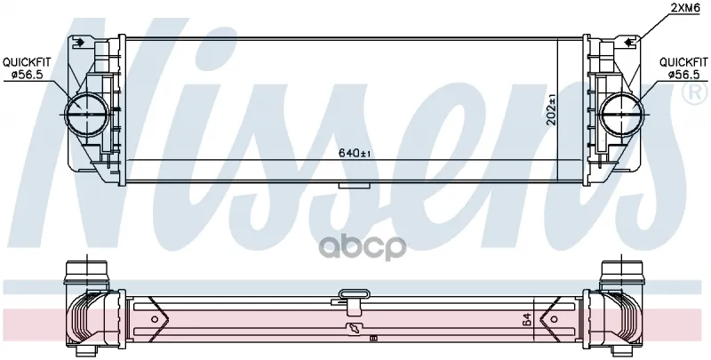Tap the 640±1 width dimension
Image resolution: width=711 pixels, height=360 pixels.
(x=355, y=153)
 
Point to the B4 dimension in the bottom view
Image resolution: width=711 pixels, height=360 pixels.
(x=527, y=321)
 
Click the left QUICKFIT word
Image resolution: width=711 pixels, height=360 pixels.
(x=28, y=62)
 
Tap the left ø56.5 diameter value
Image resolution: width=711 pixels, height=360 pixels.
(x=28, y=75)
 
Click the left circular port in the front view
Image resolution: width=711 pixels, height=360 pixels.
(x=86, y=115)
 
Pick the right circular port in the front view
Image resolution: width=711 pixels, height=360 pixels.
(x=621, y=115)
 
